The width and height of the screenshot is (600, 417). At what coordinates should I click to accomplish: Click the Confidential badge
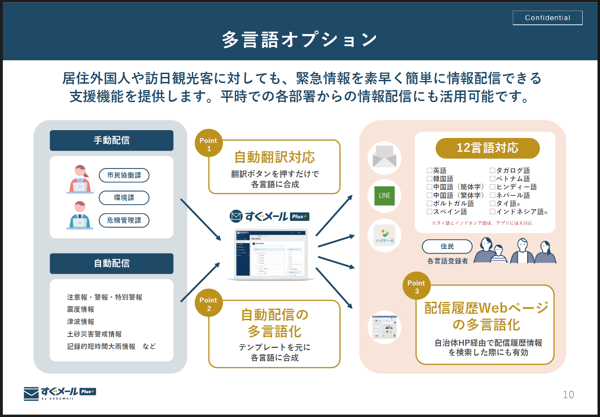(547, 18)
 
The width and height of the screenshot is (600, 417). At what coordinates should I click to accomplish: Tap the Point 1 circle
(208, 143)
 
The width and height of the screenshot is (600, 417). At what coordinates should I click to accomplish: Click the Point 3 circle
(416, 286)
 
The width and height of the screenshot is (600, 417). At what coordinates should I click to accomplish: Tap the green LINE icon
(385, 196)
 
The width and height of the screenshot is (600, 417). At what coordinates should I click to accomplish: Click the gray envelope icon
(385, 157)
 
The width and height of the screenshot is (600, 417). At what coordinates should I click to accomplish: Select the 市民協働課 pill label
(124, 175)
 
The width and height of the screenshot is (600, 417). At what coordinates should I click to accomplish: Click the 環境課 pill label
(124, 198)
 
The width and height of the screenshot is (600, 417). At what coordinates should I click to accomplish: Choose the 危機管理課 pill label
(124, 220)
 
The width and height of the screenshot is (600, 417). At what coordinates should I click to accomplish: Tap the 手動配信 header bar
(112, 140)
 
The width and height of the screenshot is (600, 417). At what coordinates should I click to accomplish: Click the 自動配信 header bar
(112, 263)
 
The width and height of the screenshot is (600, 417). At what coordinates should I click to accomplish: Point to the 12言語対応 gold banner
(487, 148)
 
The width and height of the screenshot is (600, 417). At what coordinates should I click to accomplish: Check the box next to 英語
(430, 171)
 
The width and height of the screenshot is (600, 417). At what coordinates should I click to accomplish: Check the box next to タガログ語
(492, 171)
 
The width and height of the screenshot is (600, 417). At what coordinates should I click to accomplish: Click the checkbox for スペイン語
(430, 212)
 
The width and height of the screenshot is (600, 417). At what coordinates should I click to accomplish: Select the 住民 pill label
(447, 246)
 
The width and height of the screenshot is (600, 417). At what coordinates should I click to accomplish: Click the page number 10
(568, 395)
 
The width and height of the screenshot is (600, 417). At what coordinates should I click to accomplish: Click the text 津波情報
(81, 322)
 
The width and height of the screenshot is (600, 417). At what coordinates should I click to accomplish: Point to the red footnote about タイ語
(482, 223)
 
